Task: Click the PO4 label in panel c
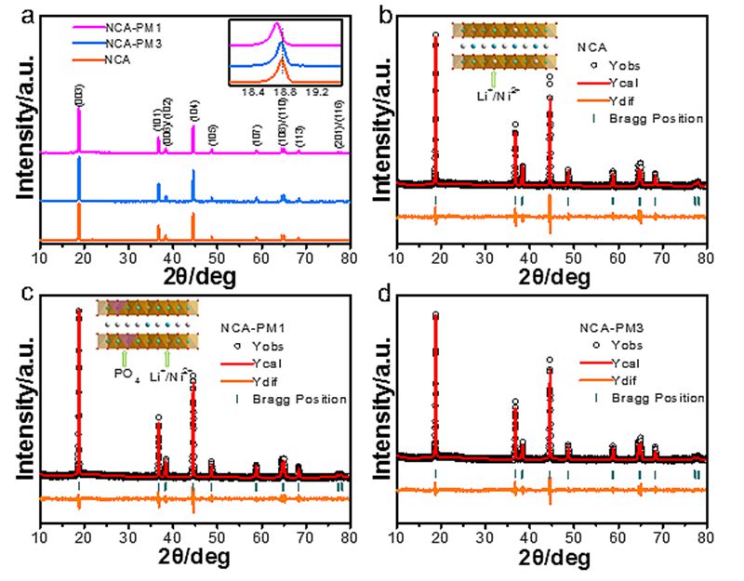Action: (122, 375)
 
